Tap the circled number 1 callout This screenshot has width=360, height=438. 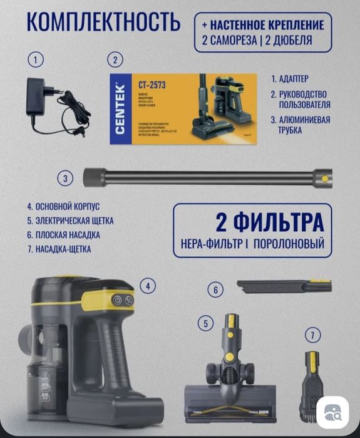point(36,60)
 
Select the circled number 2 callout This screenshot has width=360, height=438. point(115,60)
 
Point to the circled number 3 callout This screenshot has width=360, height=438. point(67,179)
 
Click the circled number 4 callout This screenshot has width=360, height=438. point(147,286)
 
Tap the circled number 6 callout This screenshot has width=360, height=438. point(215,290)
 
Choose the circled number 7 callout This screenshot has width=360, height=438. point(312,335)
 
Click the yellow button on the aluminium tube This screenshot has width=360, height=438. point(324,178)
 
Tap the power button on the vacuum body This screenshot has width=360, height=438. point(117,300)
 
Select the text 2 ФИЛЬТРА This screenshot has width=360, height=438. point(270,222)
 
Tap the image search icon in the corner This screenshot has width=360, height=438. point(336,412)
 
